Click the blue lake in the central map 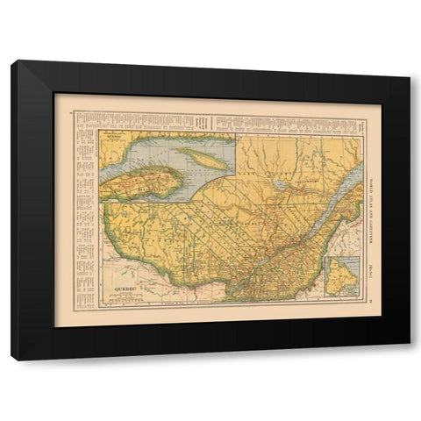point(278,186)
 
